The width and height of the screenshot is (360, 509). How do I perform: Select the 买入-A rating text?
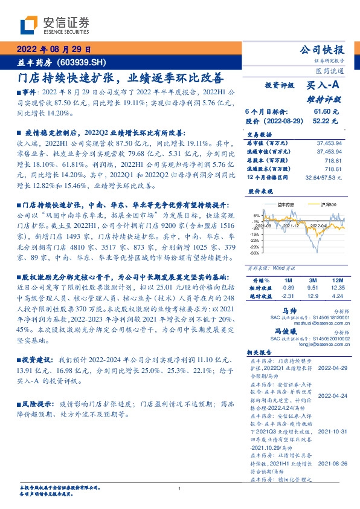click(x=323, y=86)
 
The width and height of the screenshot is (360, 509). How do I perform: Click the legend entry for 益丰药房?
click(x=283, y=206)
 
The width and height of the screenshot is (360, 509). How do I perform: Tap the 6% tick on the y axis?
click(x=256, y=216)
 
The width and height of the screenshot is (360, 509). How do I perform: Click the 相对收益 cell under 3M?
click(x=311, y=289)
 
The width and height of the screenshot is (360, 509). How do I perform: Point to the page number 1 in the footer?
click(x=180, y=488)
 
